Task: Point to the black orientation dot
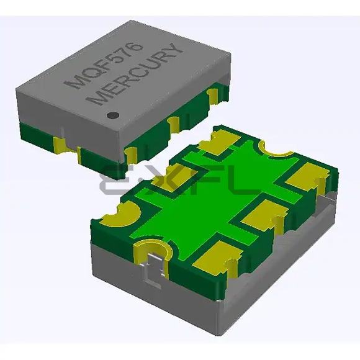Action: coord(113,114)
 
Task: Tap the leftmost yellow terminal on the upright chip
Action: coord(61,145)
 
